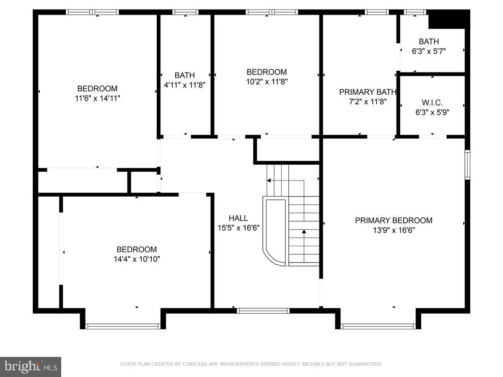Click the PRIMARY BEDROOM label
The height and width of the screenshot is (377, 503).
pos(394,220)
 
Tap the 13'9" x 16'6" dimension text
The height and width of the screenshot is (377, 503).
pos(394,230)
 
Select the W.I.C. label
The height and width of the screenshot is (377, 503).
pos(432,103)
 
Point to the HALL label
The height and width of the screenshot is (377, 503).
pos(238,218)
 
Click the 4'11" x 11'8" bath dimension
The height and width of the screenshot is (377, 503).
pos(184,85)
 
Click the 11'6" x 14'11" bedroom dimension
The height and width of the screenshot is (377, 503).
pos(97,98)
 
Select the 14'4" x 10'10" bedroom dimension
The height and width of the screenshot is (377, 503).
pos(137,259)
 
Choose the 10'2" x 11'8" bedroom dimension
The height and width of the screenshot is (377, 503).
pos(267,81)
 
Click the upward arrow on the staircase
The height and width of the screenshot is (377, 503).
pos(304,231)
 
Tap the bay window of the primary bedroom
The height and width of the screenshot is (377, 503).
pos(378,326)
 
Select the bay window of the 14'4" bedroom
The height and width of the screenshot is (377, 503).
pos(123,326)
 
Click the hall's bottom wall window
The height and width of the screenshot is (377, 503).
pos(263,311)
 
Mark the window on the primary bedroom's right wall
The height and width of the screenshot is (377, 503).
pos(467,165)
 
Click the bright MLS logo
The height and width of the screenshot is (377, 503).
pos(31,367)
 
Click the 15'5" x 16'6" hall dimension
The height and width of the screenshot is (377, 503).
pos(238,228)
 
